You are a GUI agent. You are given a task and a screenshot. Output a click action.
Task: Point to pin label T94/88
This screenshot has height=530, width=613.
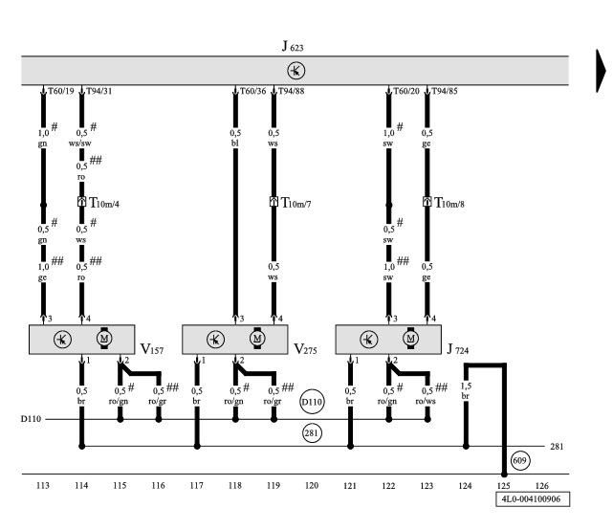pyautogui.click(x=292, y=92)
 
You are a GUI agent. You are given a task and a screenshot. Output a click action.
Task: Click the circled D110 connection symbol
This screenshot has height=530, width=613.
pyautogui.click(x=313, y=403)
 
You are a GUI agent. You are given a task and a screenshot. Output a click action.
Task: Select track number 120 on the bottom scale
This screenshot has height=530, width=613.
pyautogui.click(x=312, y=485)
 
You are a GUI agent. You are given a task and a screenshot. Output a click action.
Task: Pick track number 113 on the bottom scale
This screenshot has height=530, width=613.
pyautogui.click(x=42, y=485)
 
